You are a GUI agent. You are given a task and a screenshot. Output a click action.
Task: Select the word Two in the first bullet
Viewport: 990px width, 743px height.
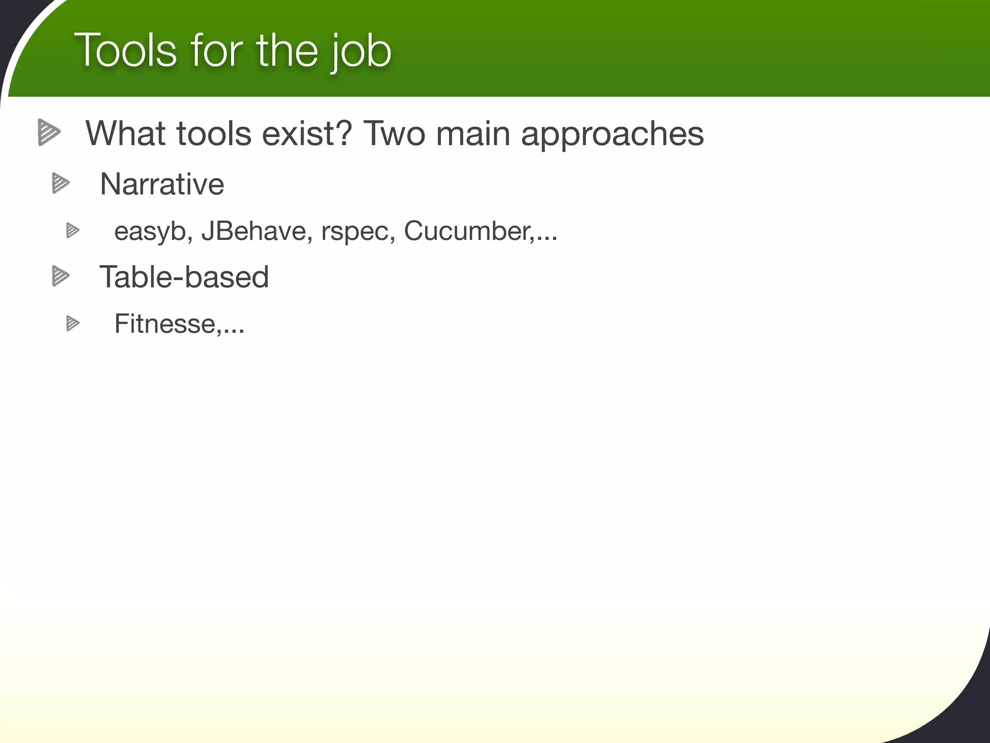click(x=393, y=133)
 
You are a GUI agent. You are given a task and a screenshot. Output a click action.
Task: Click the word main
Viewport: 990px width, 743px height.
click(x=473, y=133)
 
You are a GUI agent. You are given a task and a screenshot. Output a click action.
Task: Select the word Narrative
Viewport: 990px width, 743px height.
click(x=162, y=184)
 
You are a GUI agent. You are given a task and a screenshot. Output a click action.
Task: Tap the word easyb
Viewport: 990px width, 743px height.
click(x=150, y=231)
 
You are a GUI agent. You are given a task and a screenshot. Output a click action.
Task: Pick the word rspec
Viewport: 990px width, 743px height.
click(x=358, y=231)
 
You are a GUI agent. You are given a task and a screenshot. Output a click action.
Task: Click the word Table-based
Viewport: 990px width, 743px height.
click(x=184, y=277)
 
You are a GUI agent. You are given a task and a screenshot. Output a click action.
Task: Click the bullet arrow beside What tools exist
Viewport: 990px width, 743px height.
click(x=49, y=132)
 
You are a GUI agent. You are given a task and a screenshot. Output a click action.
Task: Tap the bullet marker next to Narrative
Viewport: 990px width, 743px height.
click(x=61, y=183)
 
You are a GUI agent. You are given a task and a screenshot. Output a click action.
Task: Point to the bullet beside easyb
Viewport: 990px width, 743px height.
click(x=73, y=231)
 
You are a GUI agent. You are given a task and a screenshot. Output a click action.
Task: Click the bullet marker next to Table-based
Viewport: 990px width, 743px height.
click(x=61, y=276)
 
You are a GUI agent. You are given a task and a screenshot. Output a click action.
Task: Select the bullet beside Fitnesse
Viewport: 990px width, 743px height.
click(x=73, y=323)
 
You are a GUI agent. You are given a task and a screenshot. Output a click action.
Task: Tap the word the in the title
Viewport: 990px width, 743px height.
click(x=287, y=50)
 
